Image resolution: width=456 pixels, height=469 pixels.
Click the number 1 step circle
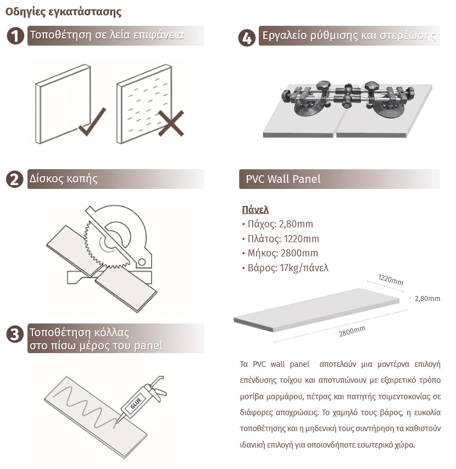pyautogui.click(x=15, y=36)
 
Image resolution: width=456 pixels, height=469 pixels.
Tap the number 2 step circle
pyautogui.click(x=15, y=179)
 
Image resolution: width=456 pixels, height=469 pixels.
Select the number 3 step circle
pyautogui.click(x=15, y=334)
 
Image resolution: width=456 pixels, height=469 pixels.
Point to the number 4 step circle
pyautogui.click(x=247, y=38)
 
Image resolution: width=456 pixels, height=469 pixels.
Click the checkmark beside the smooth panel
pyautogui.click(x=92, y=122)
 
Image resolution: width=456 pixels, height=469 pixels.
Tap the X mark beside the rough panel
pyautogui.click(x=171, y=123)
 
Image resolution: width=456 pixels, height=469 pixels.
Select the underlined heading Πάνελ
pyautogui.click(x=255, y=209)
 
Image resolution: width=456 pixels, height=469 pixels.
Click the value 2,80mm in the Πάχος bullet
pyautogui.click(x=296, y=224)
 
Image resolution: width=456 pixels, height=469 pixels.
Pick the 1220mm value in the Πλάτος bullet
pyautogui.click(x=301, y=239)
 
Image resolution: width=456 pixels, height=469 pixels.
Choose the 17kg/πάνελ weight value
pyautogui.click(x=304, y=267)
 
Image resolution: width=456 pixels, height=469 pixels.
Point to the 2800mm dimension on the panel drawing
pyautogui.click(x=352, y=331)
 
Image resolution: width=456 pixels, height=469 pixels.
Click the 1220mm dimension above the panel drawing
pyautogui.click(x=391, y=280)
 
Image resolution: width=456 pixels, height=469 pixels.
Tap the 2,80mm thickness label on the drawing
pyautogui.click(x=427, y=299)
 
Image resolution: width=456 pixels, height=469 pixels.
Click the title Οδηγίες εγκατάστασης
pyautogui.click(x=63, y=12)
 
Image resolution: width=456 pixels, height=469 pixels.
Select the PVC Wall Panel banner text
pyautogui.click(x=283, y=179)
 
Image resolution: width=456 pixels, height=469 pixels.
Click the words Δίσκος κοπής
pyautogui.click(x=63, y=178)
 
